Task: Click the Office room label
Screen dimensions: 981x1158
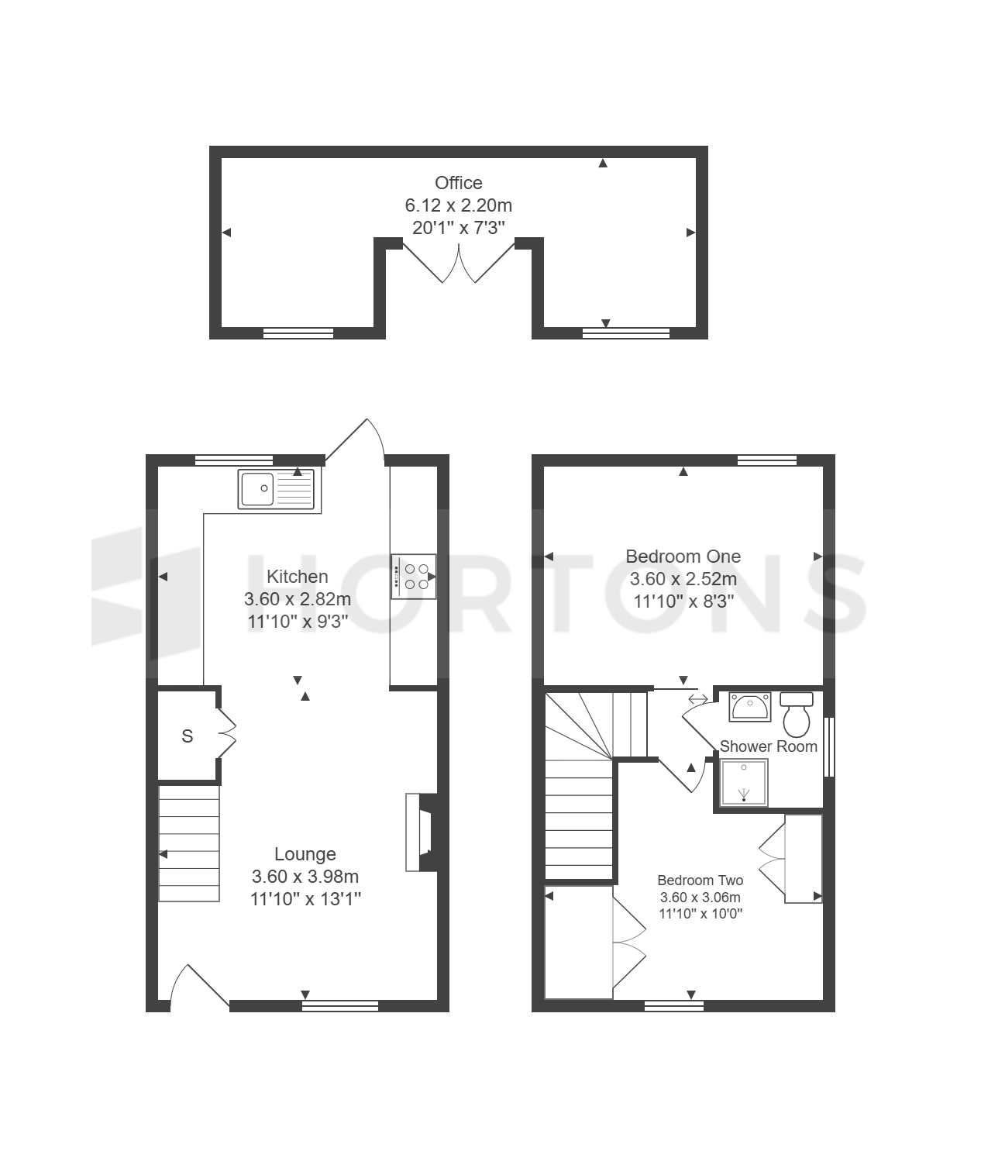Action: click(458, 183)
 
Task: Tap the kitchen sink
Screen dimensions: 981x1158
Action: click(276, 488)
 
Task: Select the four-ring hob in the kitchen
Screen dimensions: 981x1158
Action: click(413, 577)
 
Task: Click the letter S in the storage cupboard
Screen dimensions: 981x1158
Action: click(187, 736)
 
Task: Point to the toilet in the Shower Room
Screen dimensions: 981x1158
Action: click(797, 715)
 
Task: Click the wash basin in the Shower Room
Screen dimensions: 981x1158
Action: click(750, 706)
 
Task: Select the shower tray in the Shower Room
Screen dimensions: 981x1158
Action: click(744, 783)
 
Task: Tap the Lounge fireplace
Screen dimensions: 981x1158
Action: click(421, 832)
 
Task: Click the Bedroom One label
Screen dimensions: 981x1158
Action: click(683, 557)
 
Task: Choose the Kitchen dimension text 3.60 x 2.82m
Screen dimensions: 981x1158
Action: click(298, 599)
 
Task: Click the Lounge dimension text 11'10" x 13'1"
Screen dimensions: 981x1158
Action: click(305, 898)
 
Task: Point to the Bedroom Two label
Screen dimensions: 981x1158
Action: click(700, 880)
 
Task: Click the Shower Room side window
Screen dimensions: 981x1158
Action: click(829, 746)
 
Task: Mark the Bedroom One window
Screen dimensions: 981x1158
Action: click(766, 460)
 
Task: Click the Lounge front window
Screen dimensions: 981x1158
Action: click(340, 1006)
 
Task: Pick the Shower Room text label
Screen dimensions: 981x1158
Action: click(768, 746)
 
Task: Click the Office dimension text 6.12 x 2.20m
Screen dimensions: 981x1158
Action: click(459, 205)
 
